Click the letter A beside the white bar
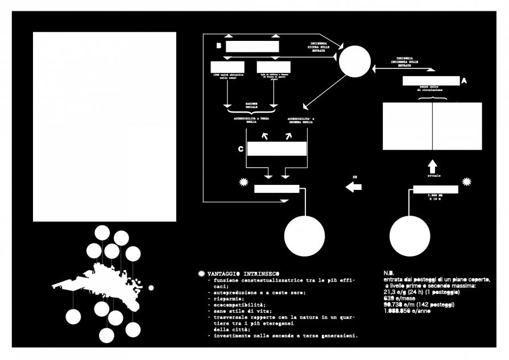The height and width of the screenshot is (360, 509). (x=464, y=81)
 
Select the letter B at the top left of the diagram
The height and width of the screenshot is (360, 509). (x=218, y=45)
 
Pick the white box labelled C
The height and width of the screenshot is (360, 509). (x=275, y=150)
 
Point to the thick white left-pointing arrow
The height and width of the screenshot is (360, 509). (x=354, y=187)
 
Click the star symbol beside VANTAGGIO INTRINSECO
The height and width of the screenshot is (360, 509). (x=200, y=274)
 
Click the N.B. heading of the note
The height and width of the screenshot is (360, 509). (x=389, y=273)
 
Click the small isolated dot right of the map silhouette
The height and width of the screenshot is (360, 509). (x=151, y=287)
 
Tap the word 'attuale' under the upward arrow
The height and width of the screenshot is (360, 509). (x=434, y=176)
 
